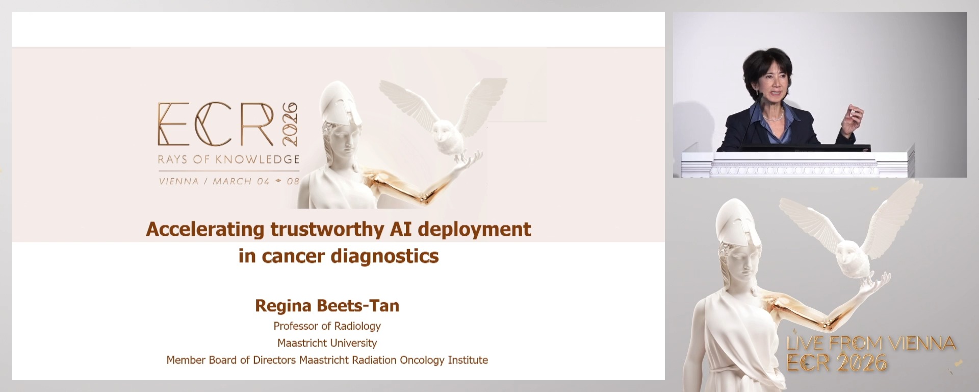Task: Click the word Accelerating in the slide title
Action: (205, 229)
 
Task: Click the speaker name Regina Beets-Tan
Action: (327, 306)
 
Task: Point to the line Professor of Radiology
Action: (327, 326)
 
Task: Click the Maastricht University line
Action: (327, 343)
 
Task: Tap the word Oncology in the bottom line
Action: (422, 360)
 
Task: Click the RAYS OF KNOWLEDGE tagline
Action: (228, 159)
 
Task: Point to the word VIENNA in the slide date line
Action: (178, 181)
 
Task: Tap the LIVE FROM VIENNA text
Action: (871, 344)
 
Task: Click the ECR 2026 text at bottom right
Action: (837, 363)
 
